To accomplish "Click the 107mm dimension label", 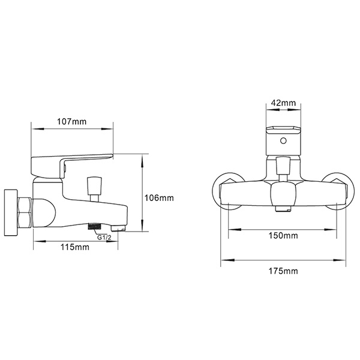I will click(x=71, y=121).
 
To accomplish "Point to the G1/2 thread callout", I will click(x=104, y=236).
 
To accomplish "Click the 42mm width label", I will click(x=283, y=103).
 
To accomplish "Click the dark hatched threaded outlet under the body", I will click(x=94, y=226).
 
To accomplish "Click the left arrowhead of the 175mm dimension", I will click(x=224, y=260).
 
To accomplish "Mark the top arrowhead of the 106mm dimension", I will click(x=142, y=157).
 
